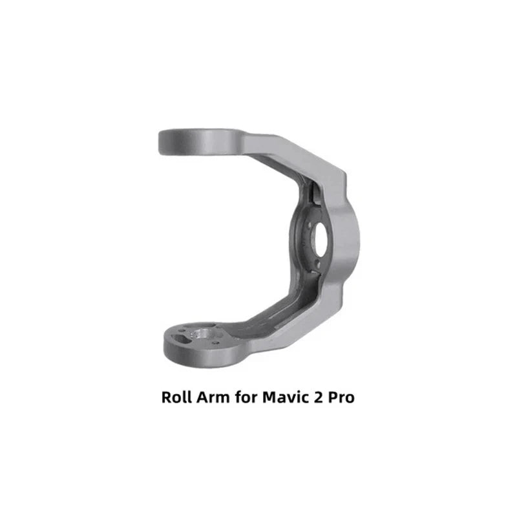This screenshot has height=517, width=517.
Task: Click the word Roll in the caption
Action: [x=176, y=397]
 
